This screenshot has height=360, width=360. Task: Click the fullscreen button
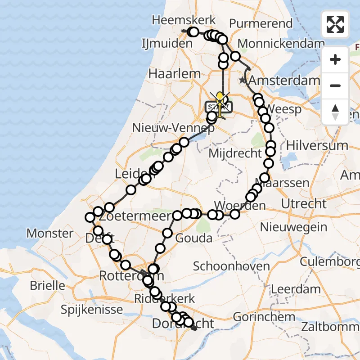[335, 24]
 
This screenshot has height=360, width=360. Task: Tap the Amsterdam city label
[284, 81]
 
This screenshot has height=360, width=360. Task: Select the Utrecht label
[304, 203]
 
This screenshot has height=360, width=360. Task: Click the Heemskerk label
[184, 20]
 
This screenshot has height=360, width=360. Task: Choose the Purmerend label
[261, 23]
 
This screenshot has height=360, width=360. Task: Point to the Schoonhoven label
[231, 265]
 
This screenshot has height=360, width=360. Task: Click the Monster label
[50, 233]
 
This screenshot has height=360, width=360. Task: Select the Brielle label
[47, 285]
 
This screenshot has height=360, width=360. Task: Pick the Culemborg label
[330, 261]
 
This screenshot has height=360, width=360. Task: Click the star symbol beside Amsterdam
[243, 81]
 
